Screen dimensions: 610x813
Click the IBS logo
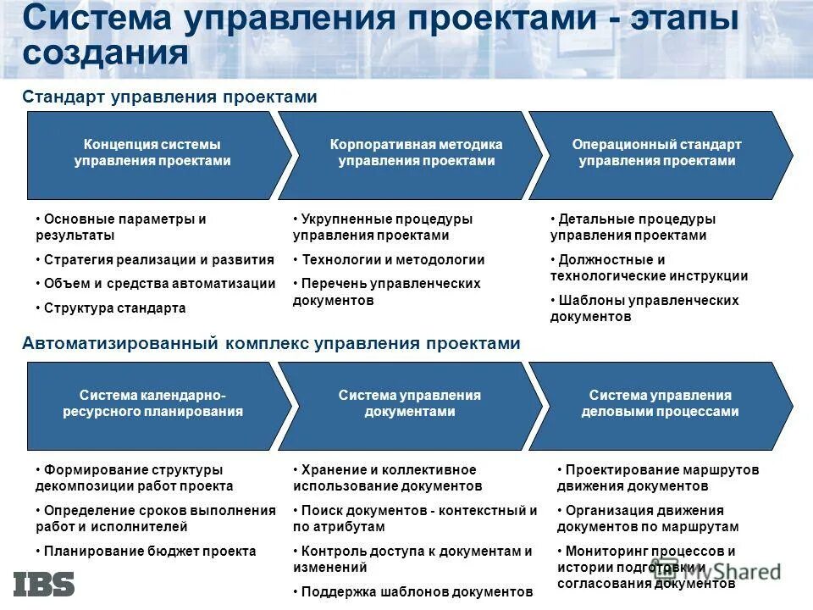coord(44,584)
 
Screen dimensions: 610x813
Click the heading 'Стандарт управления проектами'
coord(169,97)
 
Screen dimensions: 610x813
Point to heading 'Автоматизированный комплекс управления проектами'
coord(271,343)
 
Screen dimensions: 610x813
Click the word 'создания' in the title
coord(105,53)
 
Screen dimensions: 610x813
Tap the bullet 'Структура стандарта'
coord(114,308)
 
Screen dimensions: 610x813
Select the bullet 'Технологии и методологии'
coord(393,260)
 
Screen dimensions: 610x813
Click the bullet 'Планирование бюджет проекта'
coord(149,551)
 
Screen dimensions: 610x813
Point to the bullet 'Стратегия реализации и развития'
coord(158,260)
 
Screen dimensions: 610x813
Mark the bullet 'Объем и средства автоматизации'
coord(159,284)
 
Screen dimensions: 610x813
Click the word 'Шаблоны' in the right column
coord(585,300)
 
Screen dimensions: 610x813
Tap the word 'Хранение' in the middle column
coord(329,469)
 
